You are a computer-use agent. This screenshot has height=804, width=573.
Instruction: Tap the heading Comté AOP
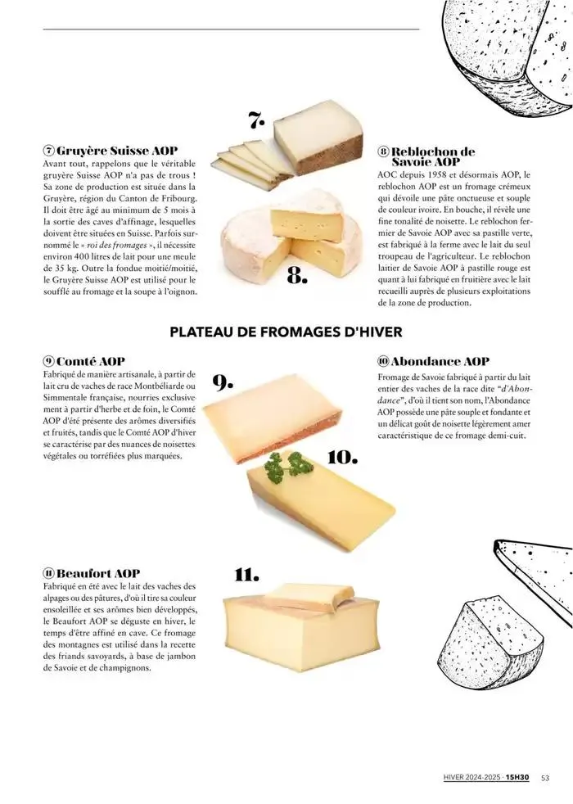89,360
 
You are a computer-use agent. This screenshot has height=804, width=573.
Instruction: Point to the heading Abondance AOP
439,361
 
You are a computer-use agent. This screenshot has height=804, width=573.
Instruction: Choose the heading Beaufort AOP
97,573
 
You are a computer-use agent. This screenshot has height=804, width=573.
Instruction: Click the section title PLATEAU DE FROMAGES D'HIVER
286,332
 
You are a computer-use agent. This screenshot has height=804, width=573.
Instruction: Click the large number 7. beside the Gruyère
257,120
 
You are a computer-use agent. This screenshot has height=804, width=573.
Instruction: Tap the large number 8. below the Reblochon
296,278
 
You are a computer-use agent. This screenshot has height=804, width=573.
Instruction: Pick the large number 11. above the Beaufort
247,573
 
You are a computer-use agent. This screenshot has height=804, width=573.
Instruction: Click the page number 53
545,779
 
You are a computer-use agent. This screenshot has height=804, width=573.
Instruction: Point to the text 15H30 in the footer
517,779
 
